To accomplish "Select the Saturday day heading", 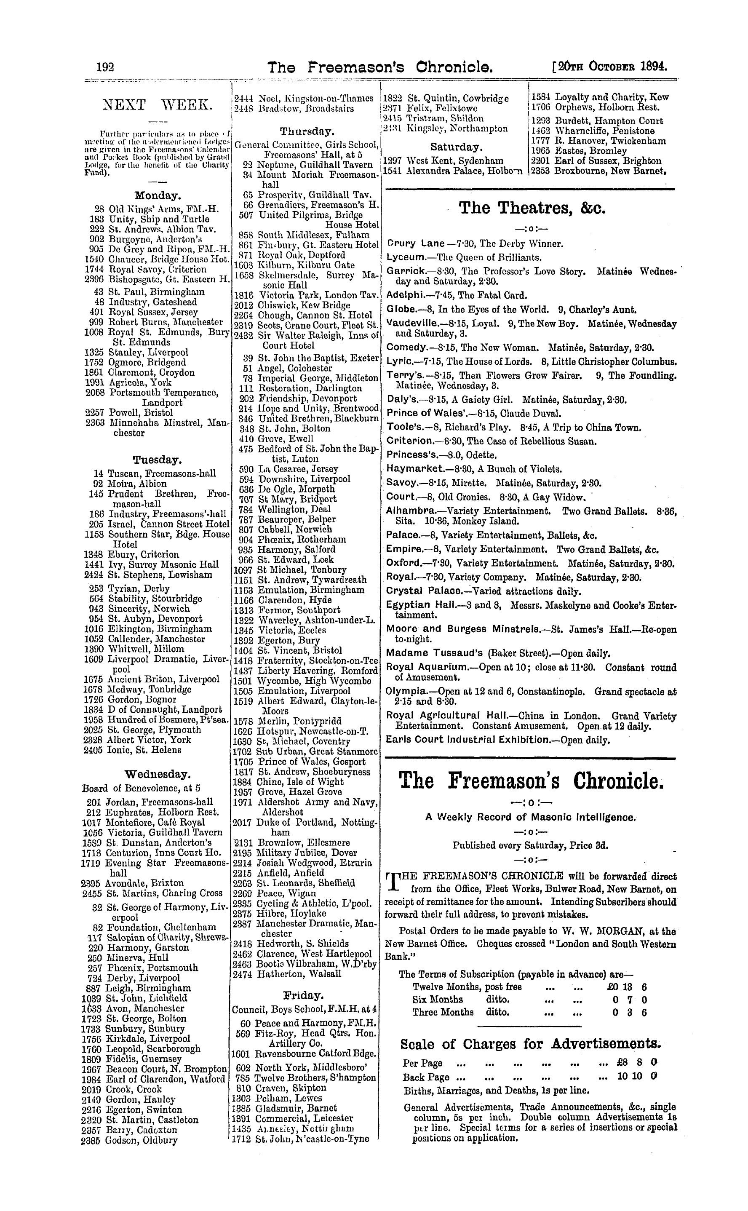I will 456,147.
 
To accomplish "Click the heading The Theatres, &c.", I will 532,208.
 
